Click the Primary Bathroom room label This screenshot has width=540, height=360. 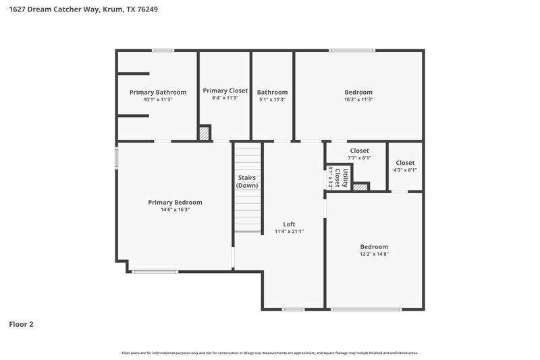[x=158, y=92]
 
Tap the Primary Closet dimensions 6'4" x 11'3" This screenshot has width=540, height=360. [x=225, y=98]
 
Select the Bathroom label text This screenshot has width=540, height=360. [x=272, y=93]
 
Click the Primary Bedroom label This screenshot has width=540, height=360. [x=175, y=202]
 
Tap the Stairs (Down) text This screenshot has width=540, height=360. [x=247, y=182]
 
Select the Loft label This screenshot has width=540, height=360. [x=289, y=224]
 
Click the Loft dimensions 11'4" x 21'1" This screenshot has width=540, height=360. [x=289, y=232]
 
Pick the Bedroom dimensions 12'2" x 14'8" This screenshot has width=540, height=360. [x=374, y=255]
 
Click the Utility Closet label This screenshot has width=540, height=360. [x=346, y=176]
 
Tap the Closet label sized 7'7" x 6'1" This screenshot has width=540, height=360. [x=359, y=151]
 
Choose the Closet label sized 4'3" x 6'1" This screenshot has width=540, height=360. [x=405, y=163]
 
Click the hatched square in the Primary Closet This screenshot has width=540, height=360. [x=205, y=133]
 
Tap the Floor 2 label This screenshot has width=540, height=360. [x=21, y=324]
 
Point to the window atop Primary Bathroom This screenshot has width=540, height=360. [x=163, y=50]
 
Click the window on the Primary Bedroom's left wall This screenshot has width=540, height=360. [x=116, y=158]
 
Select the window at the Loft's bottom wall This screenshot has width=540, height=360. [x=293, y=309]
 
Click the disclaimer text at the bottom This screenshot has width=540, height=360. [x=270, y=353]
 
